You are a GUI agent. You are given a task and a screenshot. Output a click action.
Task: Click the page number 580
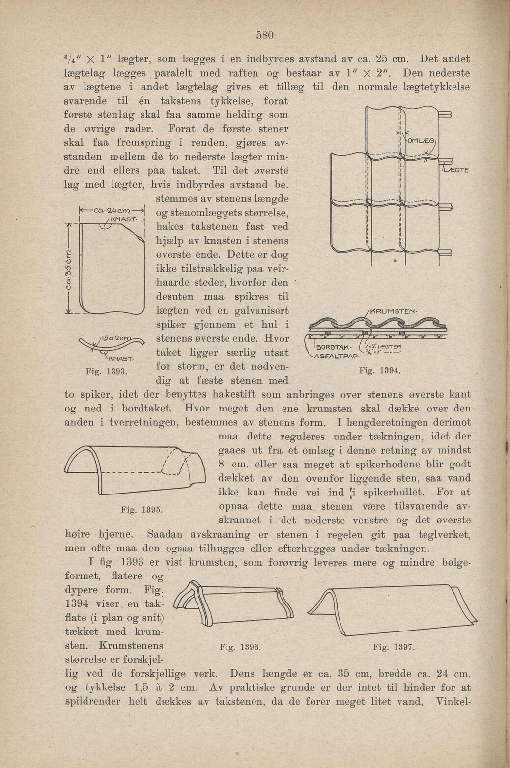coord(264,35)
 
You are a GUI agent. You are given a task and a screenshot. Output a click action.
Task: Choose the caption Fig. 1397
coord(395,647)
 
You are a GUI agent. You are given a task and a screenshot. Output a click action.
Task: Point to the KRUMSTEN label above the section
coord(394,311)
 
